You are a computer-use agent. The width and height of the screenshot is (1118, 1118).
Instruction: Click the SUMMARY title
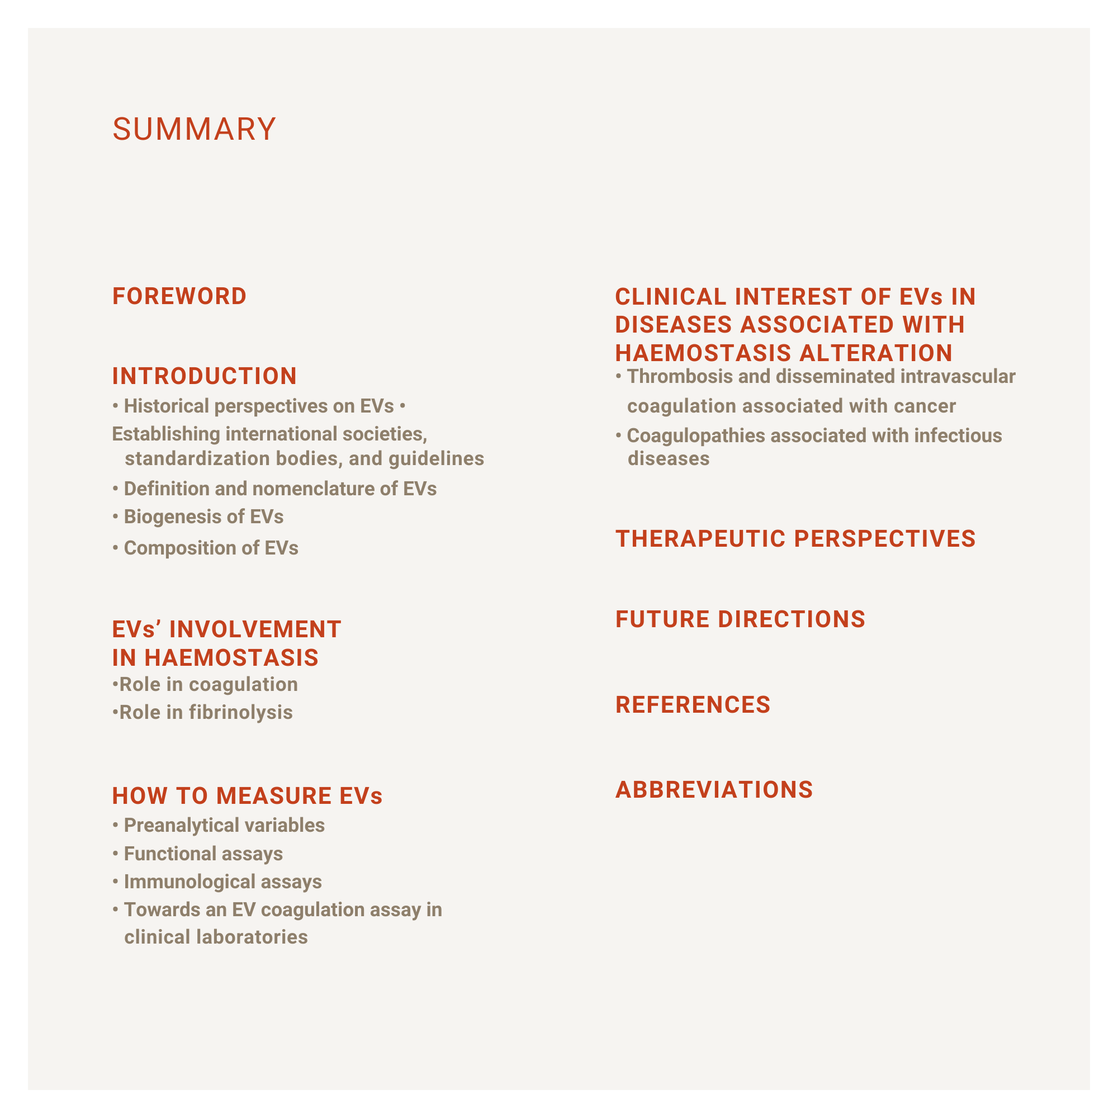[194, 129]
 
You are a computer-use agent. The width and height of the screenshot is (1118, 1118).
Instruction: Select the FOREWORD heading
[179, 296]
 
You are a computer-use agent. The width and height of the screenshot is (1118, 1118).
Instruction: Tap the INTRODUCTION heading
[204, 376]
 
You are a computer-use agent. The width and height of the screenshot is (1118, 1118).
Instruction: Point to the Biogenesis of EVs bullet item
[203, 517]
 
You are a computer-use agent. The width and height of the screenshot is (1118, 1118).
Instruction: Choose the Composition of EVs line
[211, 548]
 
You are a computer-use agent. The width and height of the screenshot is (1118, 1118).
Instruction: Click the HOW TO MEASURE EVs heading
[247, 796]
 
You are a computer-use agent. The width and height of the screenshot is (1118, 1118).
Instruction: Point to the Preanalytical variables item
[224, 825]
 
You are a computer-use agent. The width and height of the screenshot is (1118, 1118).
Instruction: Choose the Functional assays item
[203, 854]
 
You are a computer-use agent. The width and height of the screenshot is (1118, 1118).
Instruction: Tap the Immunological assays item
[222, 882]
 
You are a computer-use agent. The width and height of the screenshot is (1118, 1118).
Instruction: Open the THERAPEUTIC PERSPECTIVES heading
[795, 539]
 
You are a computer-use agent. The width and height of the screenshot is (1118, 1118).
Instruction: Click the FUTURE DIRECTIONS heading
[740, 619]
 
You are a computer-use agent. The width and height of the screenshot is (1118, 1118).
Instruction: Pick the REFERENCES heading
[693, 705]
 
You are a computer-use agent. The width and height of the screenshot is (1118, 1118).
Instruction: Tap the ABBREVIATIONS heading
[714, 790]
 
